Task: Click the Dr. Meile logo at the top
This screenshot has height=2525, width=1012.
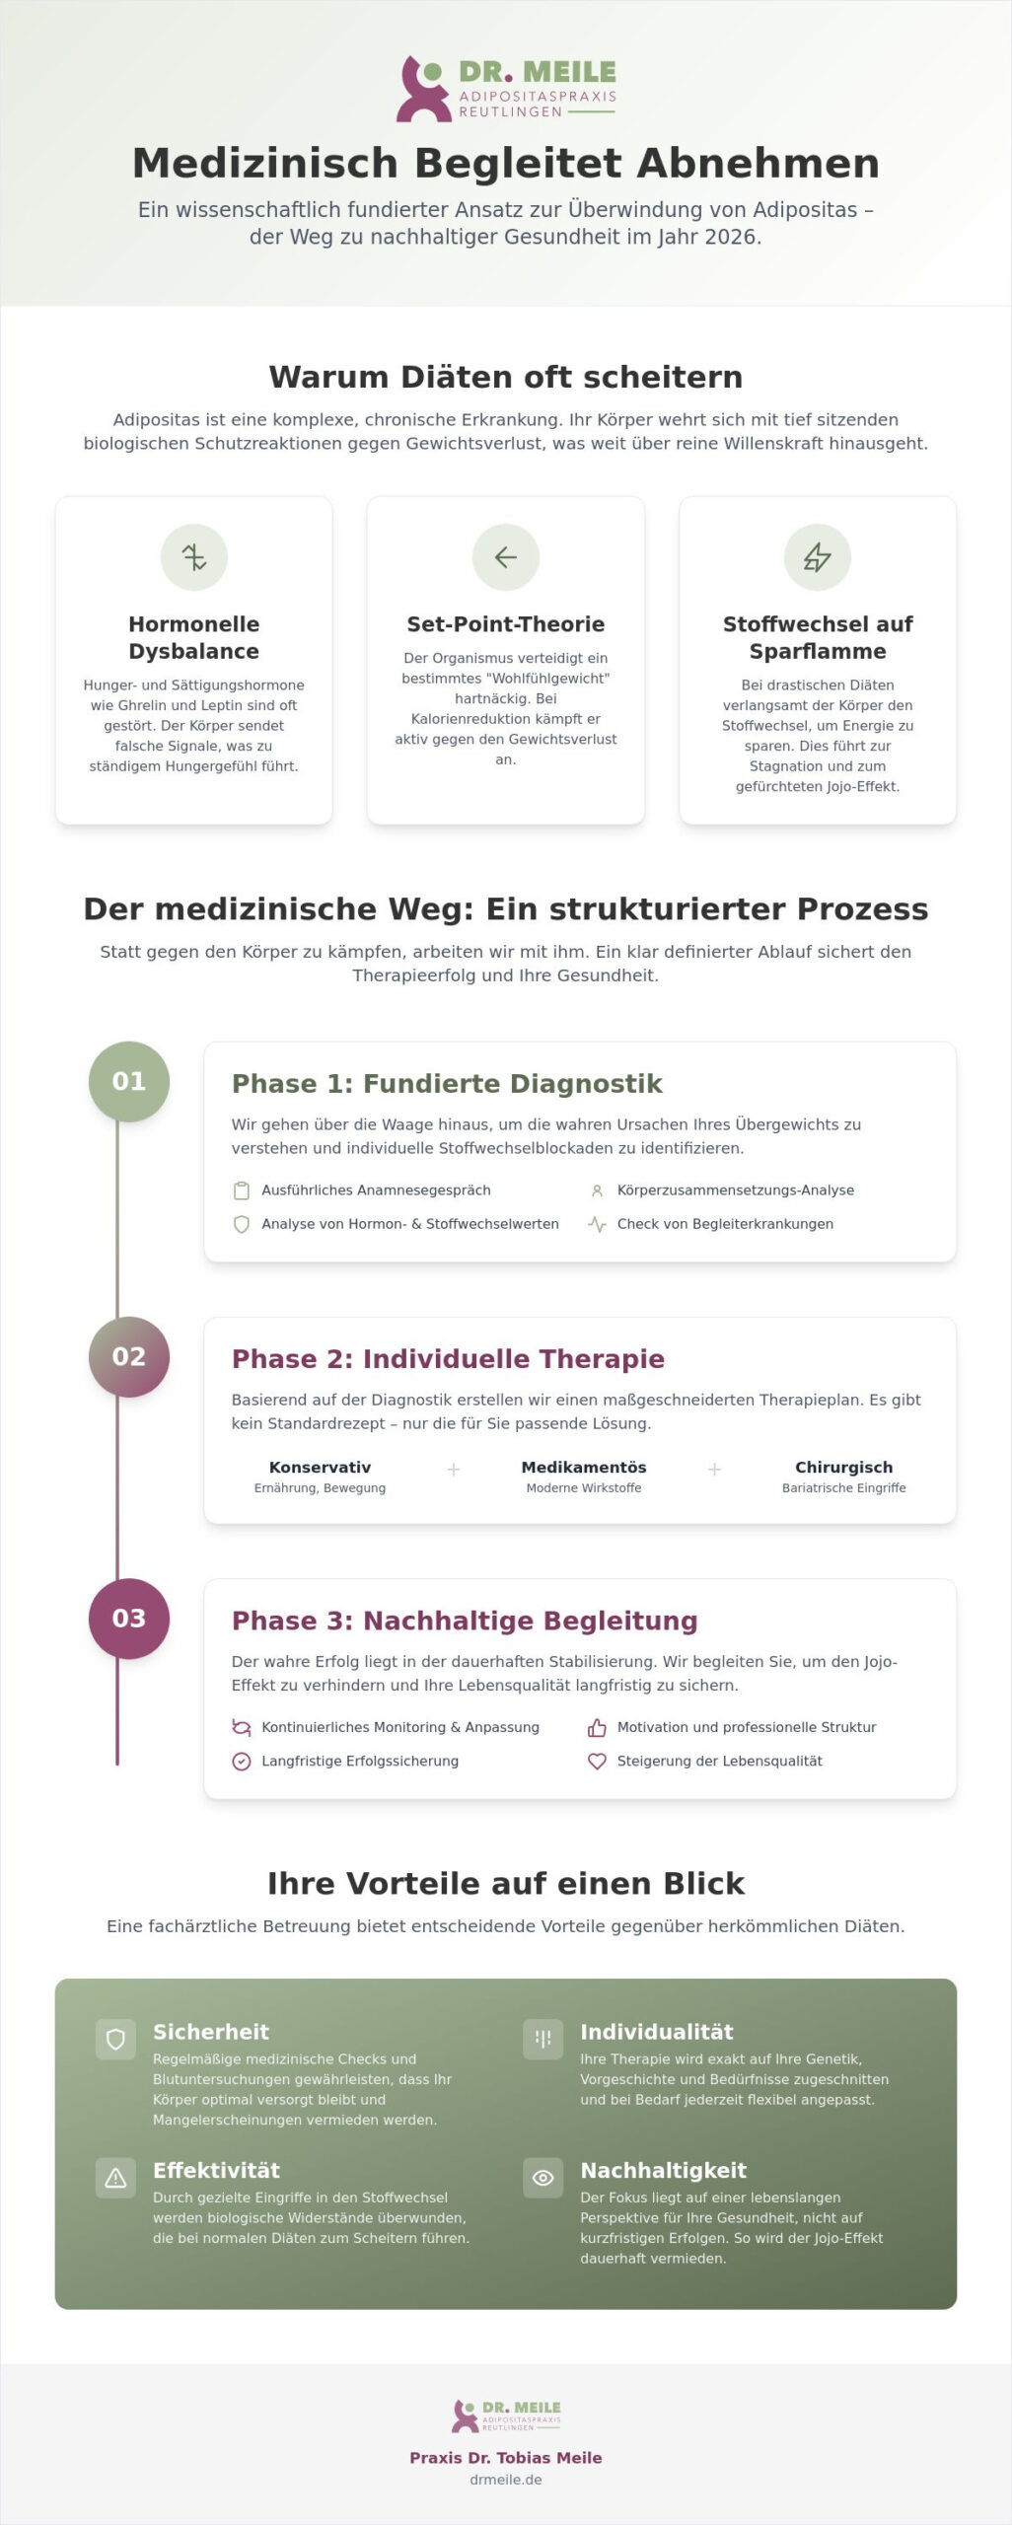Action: (506, 89)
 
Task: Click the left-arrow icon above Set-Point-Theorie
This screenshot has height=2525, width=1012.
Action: (506, 557)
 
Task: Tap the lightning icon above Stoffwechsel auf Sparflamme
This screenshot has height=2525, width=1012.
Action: (818, 557)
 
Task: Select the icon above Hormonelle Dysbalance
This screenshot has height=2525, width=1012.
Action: (194, 557)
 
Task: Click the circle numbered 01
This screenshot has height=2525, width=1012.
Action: (129, 1081)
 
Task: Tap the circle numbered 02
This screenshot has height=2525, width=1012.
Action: (129, 1356)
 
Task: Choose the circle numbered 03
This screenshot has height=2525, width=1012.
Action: (129, 1618)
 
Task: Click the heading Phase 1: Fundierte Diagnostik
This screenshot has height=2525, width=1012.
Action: (447, 1083)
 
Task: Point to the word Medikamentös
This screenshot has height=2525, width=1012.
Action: (584, 1467)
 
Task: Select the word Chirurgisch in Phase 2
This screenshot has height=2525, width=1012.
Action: (844, 1467)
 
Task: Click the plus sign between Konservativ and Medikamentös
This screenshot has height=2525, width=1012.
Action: (454, 1470)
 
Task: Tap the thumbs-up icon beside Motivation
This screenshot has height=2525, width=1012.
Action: (597, 1727)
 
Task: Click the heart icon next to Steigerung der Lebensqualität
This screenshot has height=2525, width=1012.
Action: (597, 1761)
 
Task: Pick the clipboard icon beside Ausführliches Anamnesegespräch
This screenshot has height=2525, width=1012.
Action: (241, 1190)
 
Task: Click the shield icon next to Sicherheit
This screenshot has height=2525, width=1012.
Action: (115, 2039)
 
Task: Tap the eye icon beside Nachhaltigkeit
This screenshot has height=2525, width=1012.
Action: (542, 2177)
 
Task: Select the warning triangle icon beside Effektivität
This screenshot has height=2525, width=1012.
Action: (115, 2177)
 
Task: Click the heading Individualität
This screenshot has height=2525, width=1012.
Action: (657, 2031)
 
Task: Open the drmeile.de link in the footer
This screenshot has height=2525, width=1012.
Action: (506, 2479)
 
